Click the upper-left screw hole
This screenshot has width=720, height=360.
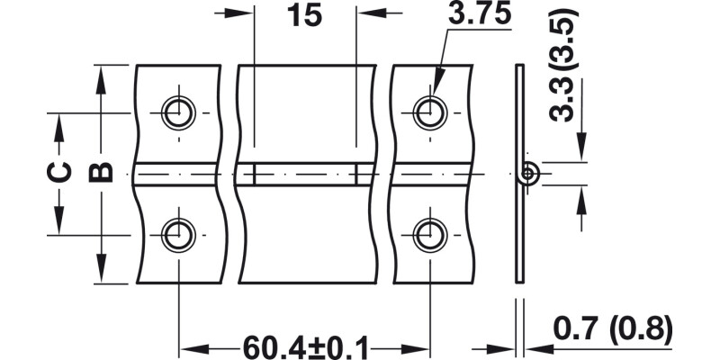click(177, 113)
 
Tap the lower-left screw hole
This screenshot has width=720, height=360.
click(177, 235)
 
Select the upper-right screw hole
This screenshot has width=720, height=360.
click(428, 113)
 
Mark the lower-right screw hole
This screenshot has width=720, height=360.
click(428, 235)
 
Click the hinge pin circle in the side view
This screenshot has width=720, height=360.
click(529, 173)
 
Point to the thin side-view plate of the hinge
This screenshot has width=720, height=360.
click(518, 225)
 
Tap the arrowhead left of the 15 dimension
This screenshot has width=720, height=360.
click(239, 13)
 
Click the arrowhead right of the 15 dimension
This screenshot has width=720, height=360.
click(373, 13)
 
